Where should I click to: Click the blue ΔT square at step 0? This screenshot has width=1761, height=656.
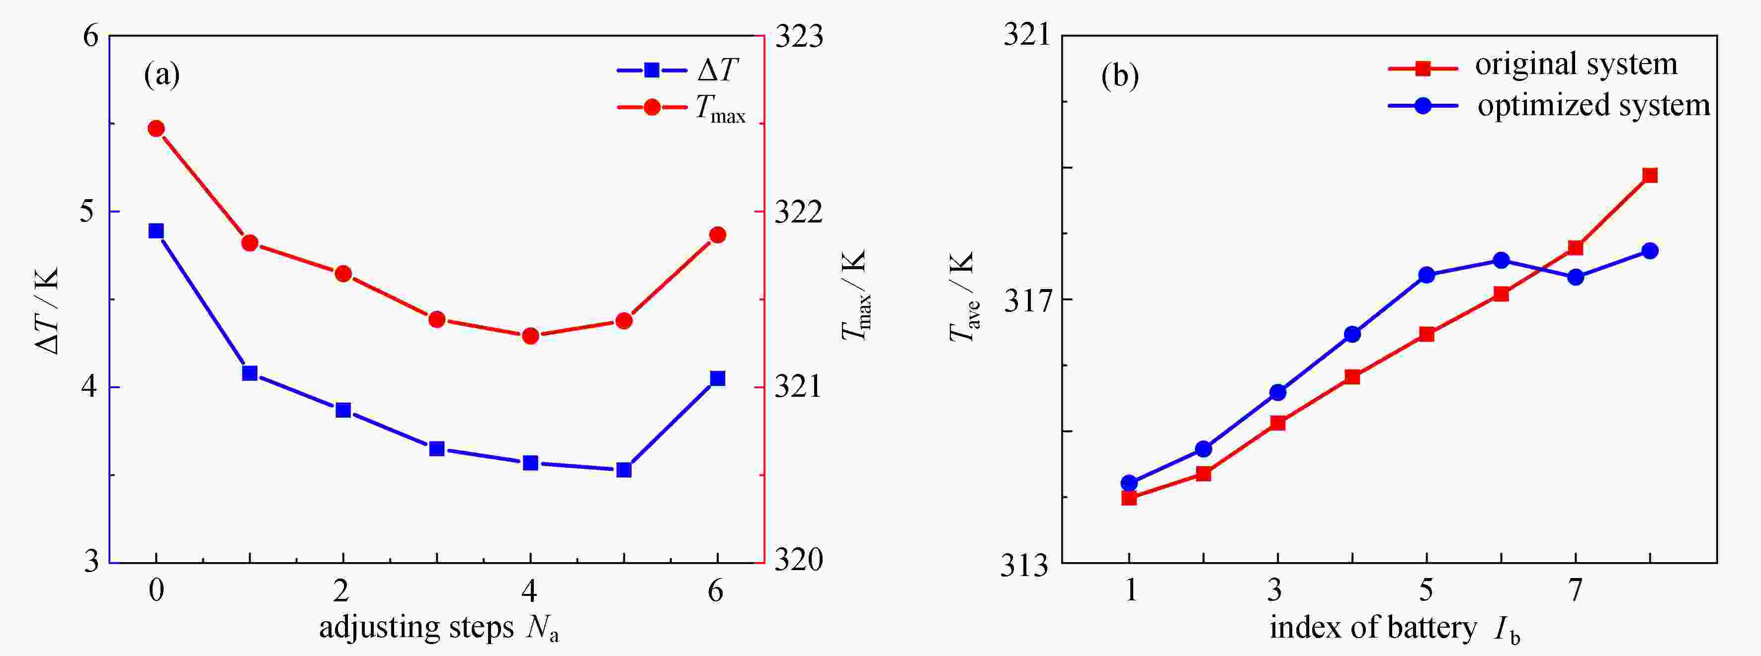coord(156,231)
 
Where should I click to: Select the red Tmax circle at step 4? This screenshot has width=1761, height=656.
coord(530,336)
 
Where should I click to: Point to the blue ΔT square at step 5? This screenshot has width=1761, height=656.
coord(623,469)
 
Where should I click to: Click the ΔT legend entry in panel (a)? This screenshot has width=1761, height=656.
coord(677,70)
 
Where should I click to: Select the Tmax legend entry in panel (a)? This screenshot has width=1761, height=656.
coord(680,108)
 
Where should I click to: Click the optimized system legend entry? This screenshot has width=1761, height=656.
coord(1548,106)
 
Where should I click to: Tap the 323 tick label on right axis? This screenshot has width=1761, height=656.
coord(798,37)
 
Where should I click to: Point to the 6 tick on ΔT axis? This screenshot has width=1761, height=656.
coord(91,36)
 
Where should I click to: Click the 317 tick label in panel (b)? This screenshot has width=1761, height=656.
coord(1026,300)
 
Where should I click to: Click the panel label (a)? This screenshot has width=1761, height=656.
coord(162,74)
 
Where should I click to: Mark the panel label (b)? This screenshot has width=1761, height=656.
coord(1120,75)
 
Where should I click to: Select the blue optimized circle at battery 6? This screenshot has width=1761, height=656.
coord(1501,260)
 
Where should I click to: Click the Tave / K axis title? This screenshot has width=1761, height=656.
coord(963,297)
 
